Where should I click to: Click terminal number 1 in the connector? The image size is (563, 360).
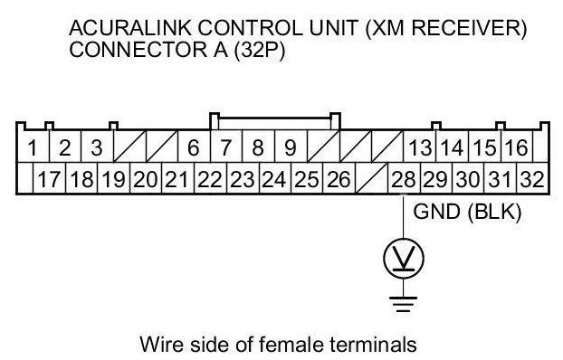point(33,147)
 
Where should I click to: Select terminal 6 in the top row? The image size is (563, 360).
point(194,147)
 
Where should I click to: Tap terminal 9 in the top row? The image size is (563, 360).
point(291,147)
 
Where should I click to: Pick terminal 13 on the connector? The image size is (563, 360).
point(419,147)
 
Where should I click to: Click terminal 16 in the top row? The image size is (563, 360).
point(517,147)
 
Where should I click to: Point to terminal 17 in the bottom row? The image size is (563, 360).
point(49,179)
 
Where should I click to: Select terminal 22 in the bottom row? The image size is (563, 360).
point(210,179)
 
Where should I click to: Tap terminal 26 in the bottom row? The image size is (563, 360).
point(339,179)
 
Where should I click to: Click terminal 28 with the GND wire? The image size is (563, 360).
point(404,179)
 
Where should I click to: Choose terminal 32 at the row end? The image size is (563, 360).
point(532,179)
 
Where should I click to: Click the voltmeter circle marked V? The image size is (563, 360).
point(404,259)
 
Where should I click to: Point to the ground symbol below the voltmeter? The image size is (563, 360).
point(404,304)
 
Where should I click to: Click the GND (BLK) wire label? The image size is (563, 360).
point(467,212)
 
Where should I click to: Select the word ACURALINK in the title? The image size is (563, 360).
point(129,28)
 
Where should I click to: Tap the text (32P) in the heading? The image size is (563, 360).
point(260,50)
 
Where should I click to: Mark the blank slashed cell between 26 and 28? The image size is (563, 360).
point(372,179)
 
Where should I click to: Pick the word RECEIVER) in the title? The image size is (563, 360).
point(469,28)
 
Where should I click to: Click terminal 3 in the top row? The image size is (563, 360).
point(97,147)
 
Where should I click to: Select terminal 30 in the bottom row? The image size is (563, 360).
point(468,179)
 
